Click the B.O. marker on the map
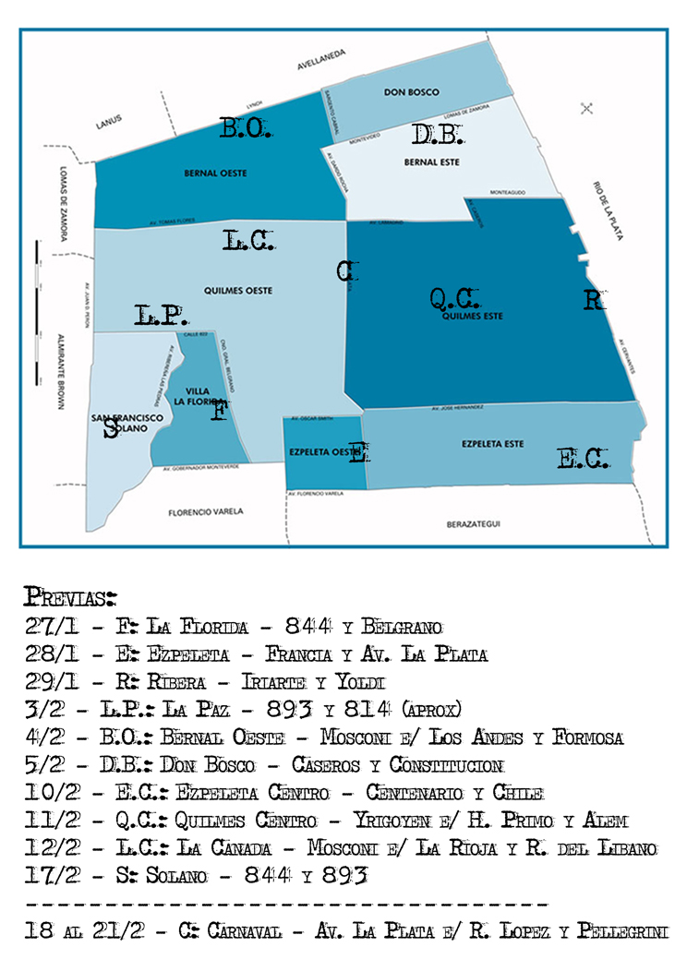point(245,129)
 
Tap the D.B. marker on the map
point(437,136)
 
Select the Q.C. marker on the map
point(455,299)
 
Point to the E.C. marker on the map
point(584,459)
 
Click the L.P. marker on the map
point(162,316)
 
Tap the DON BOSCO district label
point(411,92)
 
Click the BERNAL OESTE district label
point(216,173)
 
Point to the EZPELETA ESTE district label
point(493,444)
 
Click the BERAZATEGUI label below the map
point(474,523)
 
